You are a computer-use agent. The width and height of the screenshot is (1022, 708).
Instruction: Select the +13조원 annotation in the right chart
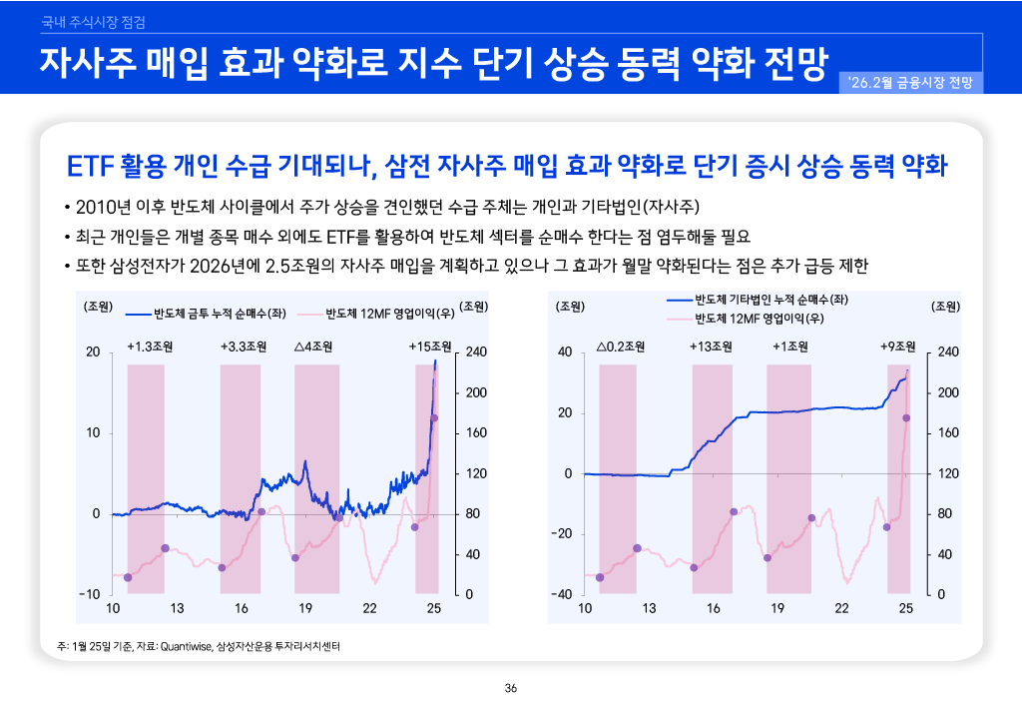(x=711, y=347)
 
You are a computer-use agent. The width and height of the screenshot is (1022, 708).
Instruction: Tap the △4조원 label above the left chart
(x=313, y=347)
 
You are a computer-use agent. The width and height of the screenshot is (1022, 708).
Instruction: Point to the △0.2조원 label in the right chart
(x=620, y=347)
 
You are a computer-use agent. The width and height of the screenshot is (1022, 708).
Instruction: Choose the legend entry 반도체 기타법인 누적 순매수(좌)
(x=770, y=299)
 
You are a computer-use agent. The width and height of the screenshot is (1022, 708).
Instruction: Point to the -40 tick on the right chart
(x=565, y=594)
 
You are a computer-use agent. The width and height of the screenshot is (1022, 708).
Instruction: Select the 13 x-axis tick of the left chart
(x=177, y=608)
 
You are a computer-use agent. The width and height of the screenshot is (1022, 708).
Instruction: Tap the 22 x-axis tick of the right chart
(x=841, y=608)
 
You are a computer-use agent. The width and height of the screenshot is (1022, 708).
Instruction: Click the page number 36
(x=511, y=688)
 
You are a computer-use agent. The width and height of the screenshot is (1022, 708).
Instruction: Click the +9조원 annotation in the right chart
(x=897, y=347)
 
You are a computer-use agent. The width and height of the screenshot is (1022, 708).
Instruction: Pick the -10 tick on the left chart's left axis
(x=91, y=594)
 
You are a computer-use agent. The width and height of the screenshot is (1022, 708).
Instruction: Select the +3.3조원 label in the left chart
(x=244, y=347)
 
